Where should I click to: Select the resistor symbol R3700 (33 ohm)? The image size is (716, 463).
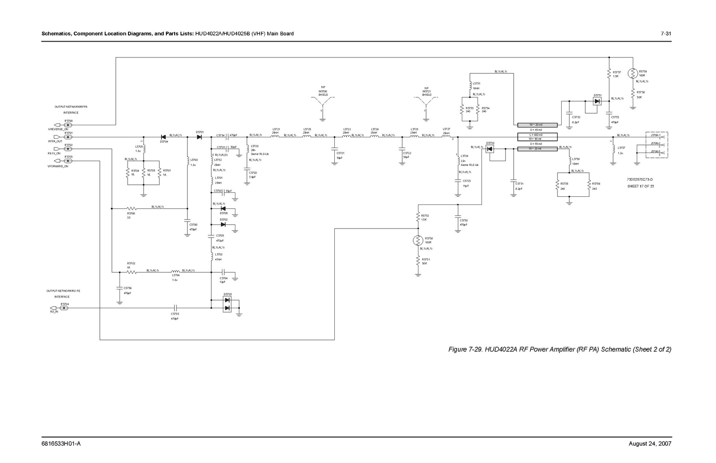tap(131, 208)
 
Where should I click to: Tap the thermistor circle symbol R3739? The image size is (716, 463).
tap(633, 72)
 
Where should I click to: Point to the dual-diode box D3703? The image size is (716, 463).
tap(227, 304)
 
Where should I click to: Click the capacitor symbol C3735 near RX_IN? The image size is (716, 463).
tap(175, 308)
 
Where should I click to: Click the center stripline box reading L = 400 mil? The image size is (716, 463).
tap(537, 135)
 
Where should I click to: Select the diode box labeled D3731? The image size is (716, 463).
tap(597, 101)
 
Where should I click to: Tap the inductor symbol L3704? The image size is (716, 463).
tap(175, 271)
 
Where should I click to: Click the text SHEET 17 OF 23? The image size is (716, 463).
tap(640, 186)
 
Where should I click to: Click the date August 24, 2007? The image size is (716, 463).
tap(650, 444)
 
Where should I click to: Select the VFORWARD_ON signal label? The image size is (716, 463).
tap(58, 166)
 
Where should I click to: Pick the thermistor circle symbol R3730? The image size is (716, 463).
tap(418, 241)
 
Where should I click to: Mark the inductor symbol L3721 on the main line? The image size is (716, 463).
tap(275, 136)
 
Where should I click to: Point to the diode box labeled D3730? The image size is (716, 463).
tap(490, 149)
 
